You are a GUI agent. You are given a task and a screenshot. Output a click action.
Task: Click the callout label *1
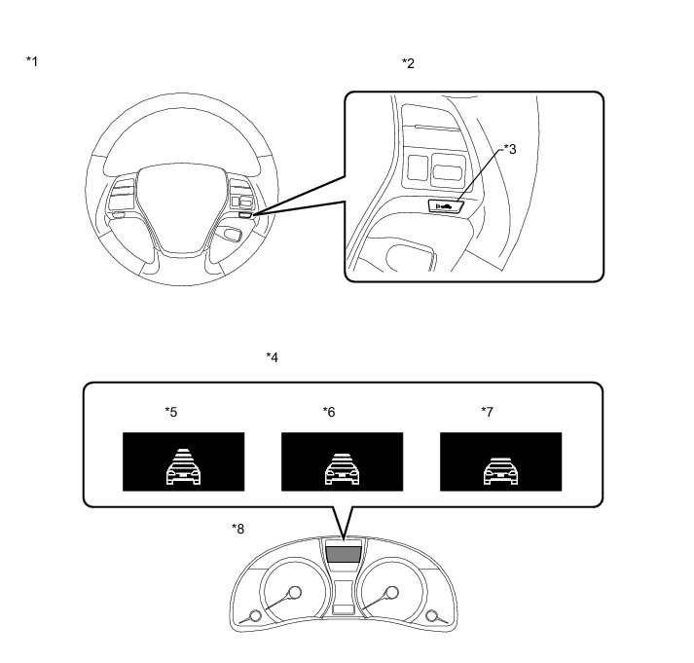click(x=32, y=62)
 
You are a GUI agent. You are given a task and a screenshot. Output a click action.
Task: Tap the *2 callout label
click(x=408, y=63)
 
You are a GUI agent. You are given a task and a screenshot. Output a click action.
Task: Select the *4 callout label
click(x=273, y=357)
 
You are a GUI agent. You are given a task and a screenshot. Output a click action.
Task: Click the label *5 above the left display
click(x=170, y=412)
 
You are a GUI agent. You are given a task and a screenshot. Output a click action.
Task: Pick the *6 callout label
click(x=329, y=412)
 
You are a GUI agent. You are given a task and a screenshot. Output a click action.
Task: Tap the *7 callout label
click(x=488, y=412)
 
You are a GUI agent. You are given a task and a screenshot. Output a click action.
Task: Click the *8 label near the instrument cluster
click(x=237, y=529)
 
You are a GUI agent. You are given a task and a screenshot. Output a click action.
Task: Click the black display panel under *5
click(x=182, y=461)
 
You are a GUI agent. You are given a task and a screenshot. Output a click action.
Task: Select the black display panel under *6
click(x=342, y=461)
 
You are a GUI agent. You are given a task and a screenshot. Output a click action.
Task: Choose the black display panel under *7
click(x=500, y=461)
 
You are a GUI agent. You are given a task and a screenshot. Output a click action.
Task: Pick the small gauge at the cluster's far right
click(x=431, y=614)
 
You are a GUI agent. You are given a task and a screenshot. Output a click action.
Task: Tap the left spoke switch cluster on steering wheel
click(x=123, y=194)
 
